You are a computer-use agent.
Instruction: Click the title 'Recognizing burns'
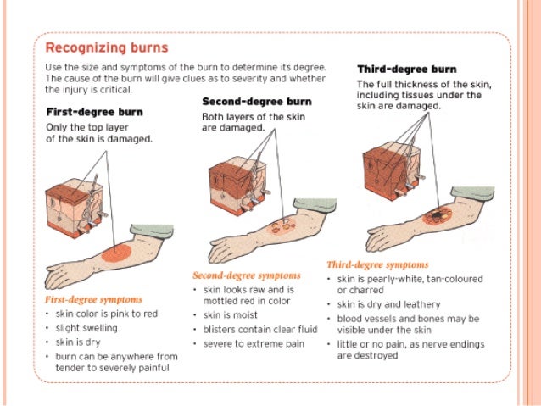tap(106, 47)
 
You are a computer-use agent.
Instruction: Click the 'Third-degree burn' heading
tap(406, 70)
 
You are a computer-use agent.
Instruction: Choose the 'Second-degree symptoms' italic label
tap(247, 275)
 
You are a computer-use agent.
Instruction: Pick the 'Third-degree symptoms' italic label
tap(377, 264)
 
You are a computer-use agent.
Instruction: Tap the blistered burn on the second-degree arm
tap(279, 227)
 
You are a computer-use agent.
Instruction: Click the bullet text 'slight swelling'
tap(86, 327)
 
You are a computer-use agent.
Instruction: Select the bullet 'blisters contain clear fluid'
tap(254, 329)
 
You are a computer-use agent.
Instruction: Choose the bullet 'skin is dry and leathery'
tap(389, 304)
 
